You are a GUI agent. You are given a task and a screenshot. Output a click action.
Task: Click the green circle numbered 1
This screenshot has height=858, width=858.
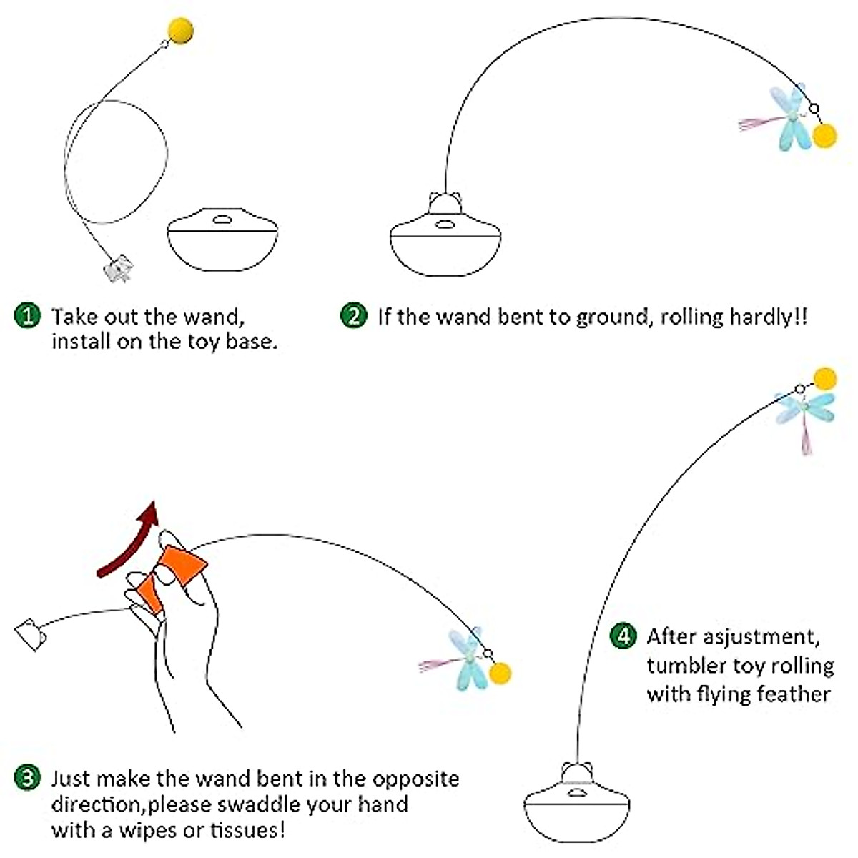(28, 315)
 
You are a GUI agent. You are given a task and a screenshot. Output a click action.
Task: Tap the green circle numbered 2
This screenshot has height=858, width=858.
(353, 315)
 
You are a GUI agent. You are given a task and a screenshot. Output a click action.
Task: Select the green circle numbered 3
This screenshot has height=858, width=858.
(28, 778)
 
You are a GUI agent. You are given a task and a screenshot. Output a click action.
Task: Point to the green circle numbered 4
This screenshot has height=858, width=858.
(623, 636)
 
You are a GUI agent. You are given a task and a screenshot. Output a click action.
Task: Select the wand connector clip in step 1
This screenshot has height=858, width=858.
(118, 268)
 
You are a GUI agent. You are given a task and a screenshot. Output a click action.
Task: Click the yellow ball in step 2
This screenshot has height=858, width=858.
(825, 136)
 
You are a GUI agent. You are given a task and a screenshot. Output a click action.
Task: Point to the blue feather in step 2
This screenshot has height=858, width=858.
(790, 118)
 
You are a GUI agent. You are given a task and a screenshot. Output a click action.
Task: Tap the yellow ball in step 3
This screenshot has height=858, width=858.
(500, 672)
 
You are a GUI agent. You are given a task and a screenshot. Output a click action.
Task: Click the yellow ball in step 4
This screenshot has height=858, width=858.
(825, 378)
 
